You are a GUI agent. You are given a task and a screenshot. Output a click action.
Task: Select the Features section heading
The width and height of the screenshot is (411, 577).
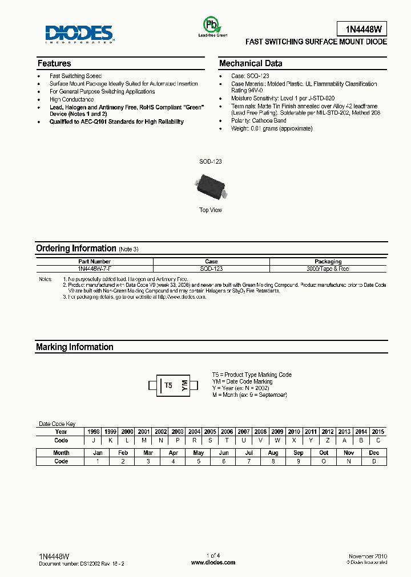click(54, 63)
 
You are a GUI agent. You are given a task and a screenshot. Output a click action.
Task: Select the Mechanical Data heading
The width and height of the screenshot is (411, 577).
click(251, 63)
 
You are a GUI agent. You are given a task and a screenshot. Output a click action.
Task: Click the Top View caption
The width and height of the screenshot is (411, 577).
click(211, 210)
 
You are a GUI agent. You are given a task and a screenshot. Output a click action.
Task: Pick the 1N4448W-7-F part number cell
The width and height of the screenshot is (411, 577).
click(95, 268)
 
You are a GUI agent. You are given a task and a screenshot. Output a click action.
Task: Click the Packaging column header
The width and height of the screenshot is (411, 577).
click(328, 262)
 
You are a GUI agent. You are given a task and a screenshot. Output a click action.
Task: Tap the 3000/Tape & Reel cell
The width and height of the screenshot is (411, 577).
click(328, 268)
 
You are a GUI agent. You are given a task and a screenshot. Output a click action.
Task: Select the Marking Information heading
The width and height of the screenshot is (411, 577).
click(75, 347)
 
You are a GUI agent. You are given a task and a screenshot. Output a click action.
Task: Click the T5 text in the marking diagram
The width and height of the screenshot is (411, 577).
click(168, 385)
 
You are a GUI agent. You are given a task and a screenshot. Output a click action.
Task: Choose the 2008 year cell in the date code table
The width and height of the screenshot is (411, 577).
click(260, 432)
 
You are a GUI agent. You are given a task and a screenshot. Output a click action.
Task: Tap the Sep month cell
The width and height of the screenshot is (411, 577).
click(299, 453)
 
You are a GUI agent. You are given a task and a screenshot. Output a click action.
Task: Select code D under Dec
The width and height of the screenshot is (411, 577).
click(374, 461)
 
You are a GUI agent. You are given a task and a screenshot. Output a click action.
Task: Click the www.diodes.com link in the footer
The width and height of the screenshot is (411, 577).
click(213, 562)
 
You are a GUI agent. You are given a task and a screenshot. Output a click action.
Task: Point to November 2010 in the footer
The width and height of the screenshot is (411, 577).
click(368, 555)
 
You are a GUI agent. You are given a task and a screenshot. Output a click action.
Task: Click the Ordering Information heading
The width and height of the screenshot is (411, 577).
click(76, 248)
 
